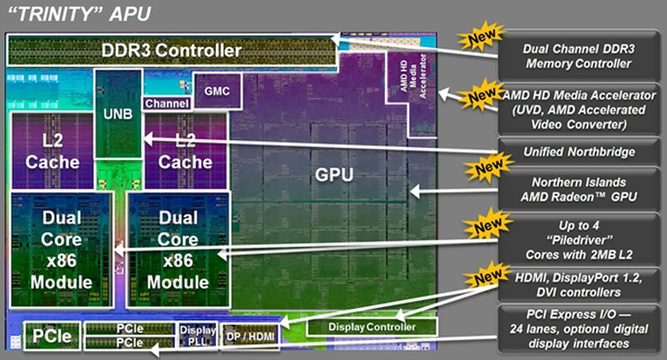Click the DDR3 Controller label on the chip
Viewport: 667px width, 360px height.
[171, 50]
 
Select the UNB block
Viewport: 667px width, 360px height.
[118, 114]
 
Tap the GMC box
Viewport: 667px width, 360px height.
[217, 91]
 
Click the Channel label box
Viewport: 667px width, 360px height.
[167, 103]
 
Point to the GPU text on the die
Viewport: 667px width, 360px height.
[334, 174]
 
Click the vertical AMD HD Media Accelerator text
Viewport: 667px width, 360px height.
[413, 76]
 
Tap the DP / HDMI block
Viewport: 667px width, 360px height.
[250, 336]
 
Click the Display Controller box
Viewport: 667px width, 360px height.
[372, 327]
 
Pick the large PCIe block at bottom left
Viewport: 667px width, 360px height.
[52, 336]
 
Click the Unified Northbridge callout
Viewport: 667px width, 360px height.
[579, 152]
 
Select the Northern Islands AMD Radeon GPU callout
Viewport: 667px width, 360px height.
[579, 190]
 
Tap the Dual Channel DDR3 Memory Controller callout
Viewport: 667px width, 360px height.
[579, 56]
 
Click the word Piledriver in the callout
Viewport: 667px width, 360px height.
[579, 240]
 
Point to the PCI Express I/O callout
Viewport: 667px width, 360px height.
[579, 329]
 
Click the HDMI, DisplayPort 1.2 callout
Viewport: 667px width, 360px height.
[579, 285]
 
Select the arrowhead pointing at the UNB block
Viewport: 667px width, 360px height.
[148, 139]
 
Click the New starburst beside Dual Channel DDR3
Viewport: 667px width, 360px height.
[481, 36]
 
